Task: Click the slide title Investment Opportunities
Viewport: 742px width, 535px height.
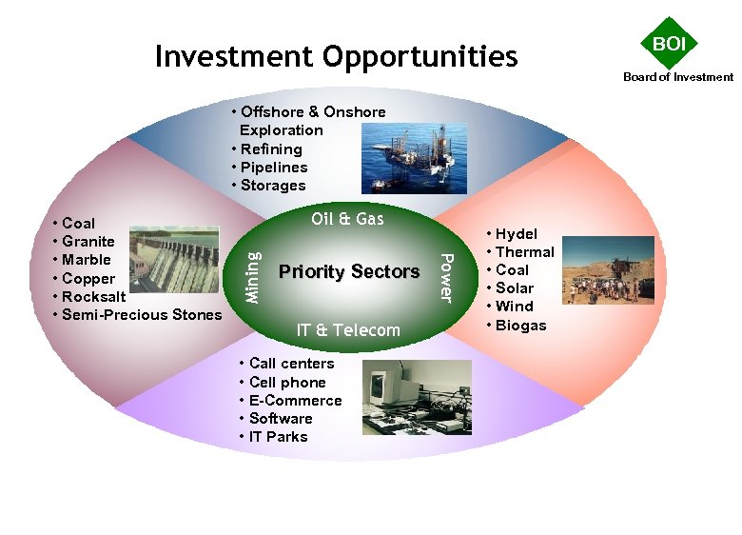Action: (x=336, y=57)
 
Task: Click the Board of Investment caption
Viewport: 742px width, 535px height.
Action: (x=678, y=77)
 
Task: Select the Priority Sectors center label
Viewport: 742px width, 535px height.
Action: (x=349, y=272)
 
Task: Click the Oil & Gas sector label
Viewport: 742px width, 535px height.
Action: (x=347, y=219)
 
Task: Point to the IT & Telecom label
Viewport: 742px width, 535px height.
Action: (x=348, y=330)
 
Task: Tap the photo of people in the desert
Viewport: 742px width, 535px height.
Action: (x=608, y=270)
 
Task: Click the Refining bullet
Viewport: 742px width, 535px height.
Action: (x=271, y=149)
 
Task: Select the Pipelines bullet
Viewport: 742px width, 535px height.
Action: (x=274, y=168)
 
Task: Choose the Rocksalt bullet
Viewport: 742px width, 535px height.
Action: (x=93, y=297)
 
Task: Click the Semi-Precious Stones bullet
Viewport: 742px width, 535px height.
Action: (x=141, y=315)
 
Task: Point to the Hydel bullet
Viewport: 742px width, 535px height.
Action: (x=516, y=234)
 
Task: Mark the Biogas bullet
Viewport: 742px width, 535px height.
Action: (x=520, y=326)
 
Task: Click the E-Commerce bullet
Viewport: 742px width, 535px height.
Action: (x=295, y=401)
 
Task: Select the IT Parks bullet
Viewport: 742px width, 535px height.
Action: (x=278, y=437)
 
